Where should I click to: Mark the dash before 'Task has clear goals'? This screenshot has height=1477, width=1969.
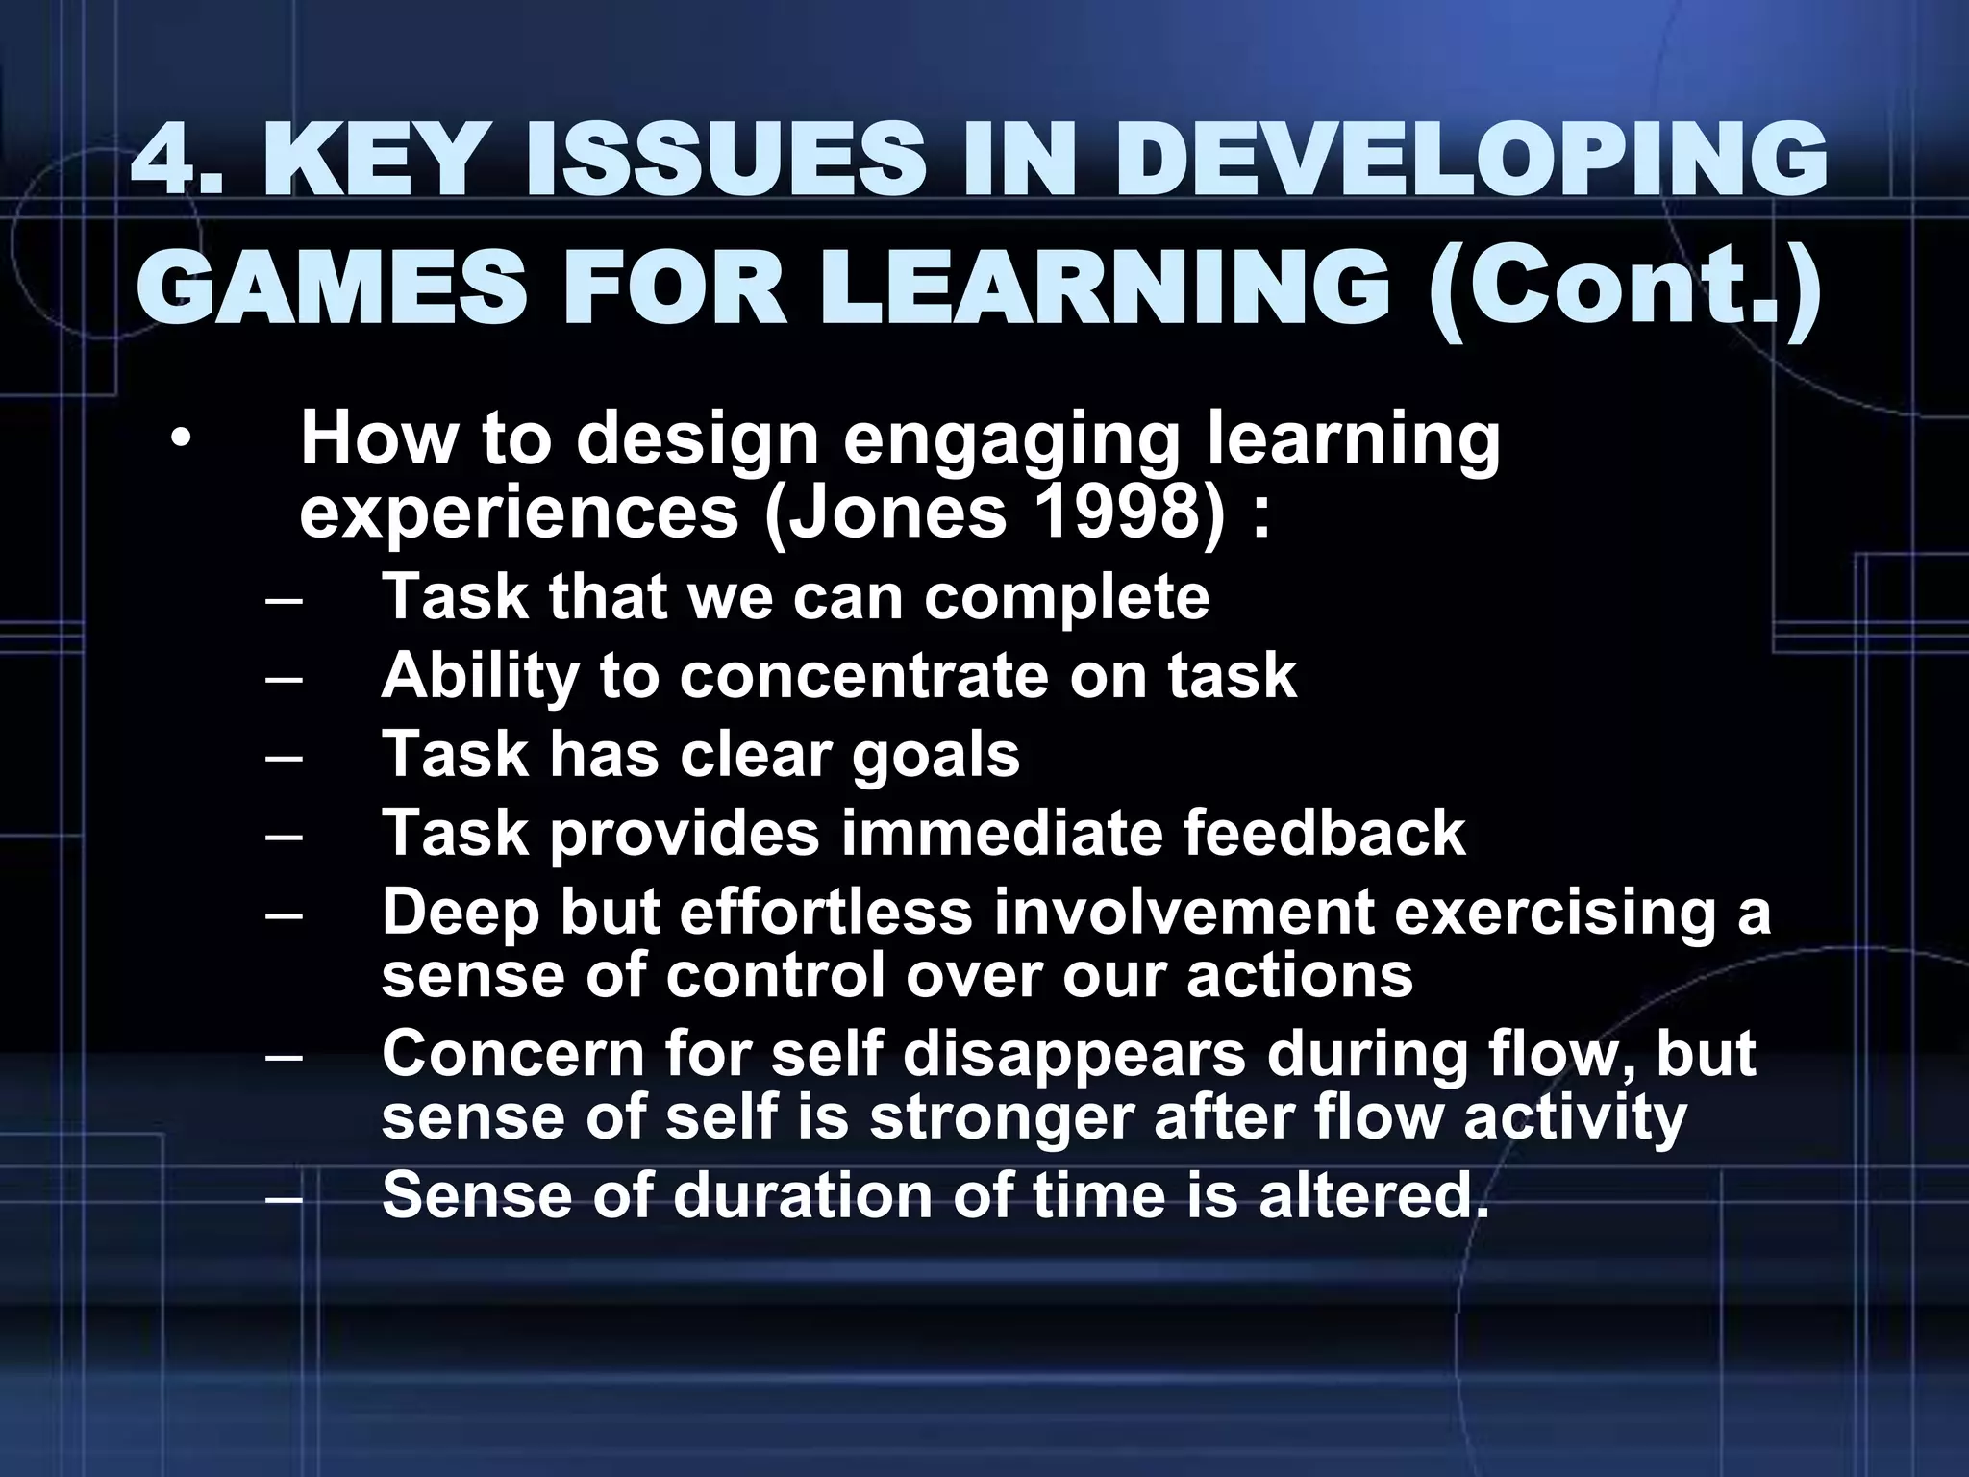point(284,756)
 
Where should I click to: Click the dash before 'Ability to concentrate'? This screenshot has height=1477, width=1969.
point(284,678)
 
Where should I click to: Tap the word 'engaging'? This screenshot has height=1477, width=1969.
point(1010,441)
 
